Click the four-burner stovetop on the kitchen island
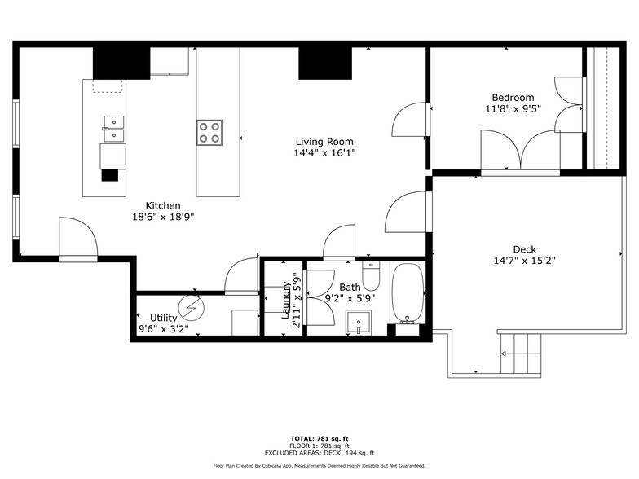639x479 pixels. pos(209,132)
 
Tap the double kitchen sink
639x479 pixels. pos(113,124)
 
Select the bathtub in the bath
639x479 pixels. pos(408,294)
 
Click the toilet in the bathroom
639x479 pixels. pos(371,276)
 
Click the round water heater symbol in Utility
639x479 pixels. pos(192,307)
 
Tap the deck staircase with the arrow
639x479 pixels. pos(519,354)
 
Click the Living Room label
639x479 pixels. pos(324,142)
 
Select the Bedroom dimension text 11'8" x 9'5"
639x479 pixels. pos(513,108)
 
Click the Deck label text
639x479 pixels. pos(524,249)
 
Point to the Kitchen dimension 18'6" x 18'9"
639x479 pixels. pos(164,217)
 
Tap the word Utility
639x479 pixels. pos(163,318)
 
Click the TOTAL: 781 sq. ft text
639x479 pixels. pos(319,438)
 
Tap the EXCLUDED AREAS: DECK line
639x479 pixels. pos(319,452)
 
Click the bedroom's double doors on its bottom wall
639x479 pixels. pos(520,153)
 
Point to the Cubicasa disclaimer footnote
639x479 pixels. pos(319,466)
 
